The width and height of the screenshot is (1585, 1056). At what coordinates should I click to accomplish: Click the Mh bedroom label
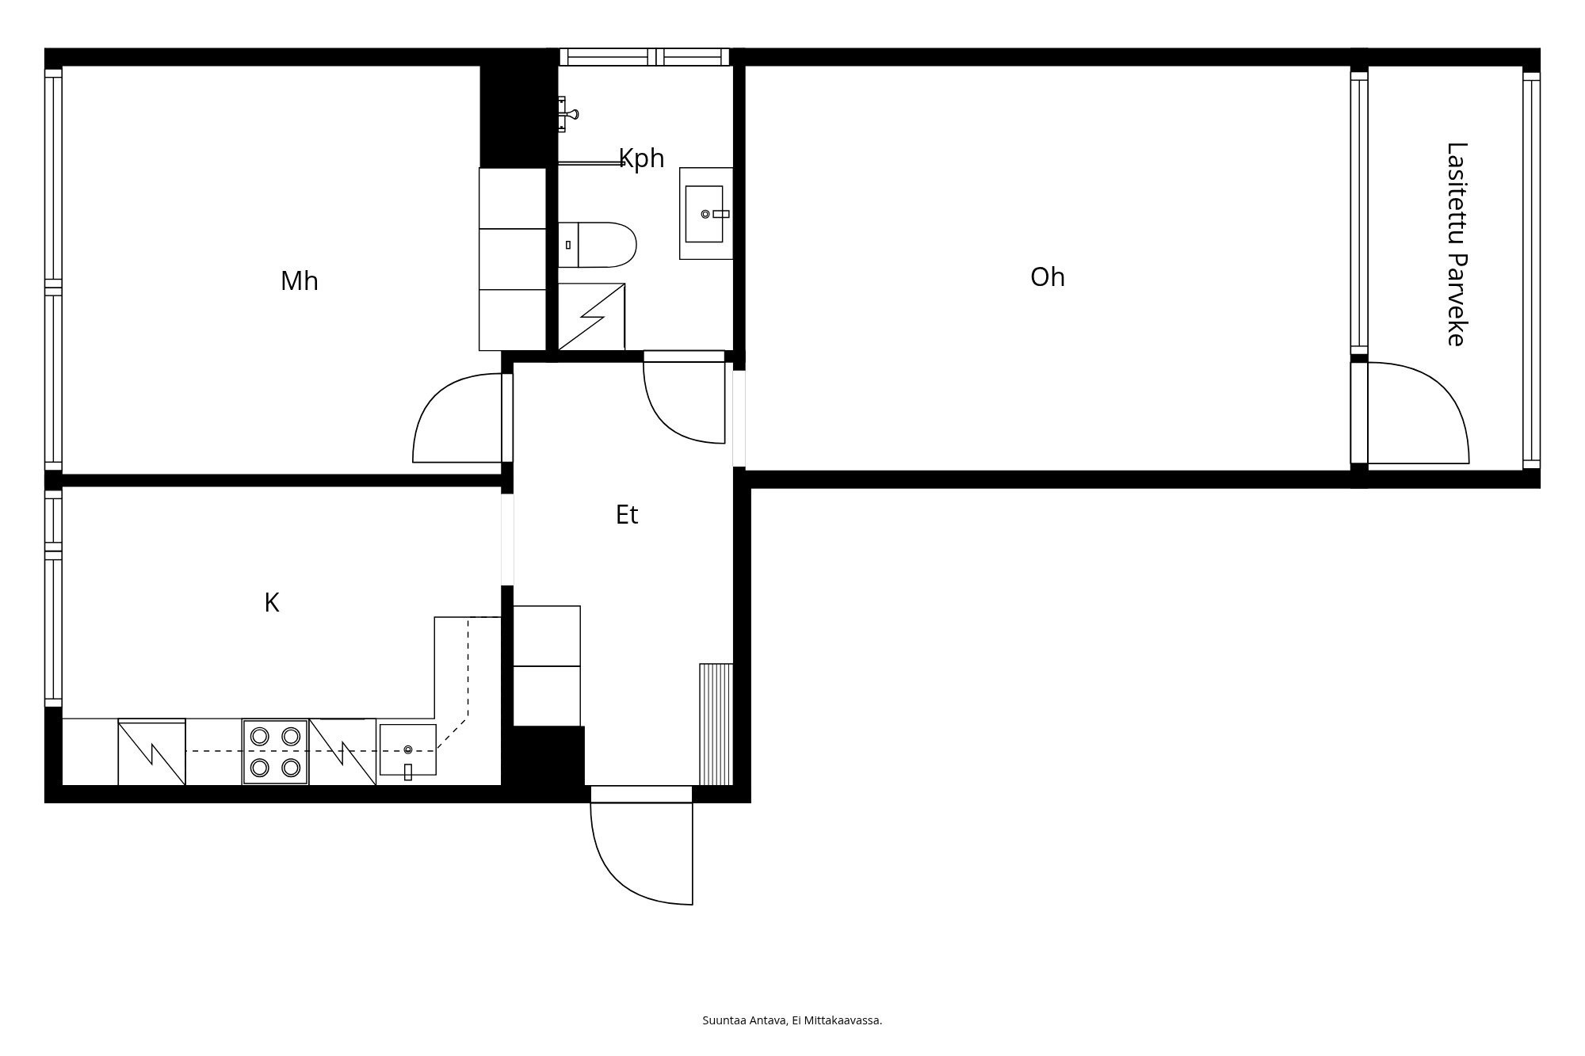coord(300,281)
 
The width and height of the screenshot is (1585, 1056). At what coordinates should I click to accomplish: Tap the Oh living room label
coord(1047,277)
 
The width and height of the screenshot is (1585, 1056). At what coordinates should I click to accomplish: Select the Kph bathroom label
coord(641,158)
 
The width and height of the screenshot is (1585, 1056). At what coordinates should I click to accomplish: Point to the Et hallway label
coord(627,515)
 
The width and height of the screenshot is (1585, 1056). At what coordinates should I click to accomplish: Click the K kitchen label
coord(272,603)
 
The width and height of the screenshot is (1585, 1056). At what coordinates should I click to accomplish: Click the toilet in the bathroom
coord(598,245)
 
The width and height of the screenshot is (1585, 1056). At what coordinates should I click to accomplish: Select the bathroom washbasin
coord(705,213)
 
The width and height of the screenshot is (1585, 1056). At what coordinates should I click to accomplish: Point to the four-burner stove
coord(275,752)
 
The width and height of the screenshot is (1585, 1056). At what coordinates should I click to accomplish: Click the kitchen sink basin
coord(407,749)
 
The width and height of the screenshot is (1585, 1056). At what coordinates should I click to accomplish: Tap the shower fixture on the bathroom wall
coord(567,113)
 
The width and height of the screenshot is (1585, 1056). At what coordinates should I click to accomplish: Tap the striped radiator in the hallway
coord(716,724)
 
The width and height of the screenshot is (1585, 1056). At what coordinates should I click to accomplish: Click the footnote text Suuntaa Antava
coord(744,1020)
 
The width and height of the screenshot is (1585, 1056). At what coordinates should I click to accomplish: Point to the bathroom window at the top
coord(644,57)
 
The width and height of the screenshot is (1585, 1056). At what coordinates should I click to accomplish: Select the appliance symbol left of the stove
coord(151,752)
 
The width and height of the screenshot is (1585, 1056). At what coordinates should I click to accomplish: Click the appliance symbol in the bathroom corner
coord(591,317)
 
